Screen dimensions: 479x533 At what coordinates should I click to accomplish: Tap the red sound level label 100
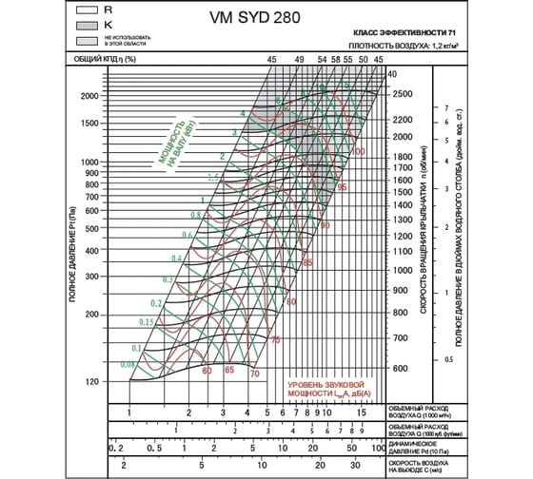[358, 151]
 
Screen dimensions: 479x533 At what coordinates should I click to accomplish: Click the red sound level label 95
[342, 189]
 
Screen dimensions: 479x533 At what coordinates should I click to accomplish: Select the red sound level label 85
[307, 262]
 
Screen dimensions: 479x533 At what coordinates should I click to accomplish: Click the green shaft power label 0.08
[128, 364]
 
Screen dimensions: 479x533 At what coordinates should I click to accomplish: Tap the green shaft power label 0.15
[146, 323]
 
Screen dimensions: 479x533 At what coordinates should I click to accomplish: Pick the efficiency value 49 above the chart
[300, 60]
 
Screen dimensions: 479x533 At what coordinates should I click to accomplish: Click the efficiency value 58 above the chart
[335, 60]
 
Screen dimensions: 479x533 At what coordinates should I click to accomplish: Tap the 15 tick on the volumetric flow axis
[363, 413]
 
